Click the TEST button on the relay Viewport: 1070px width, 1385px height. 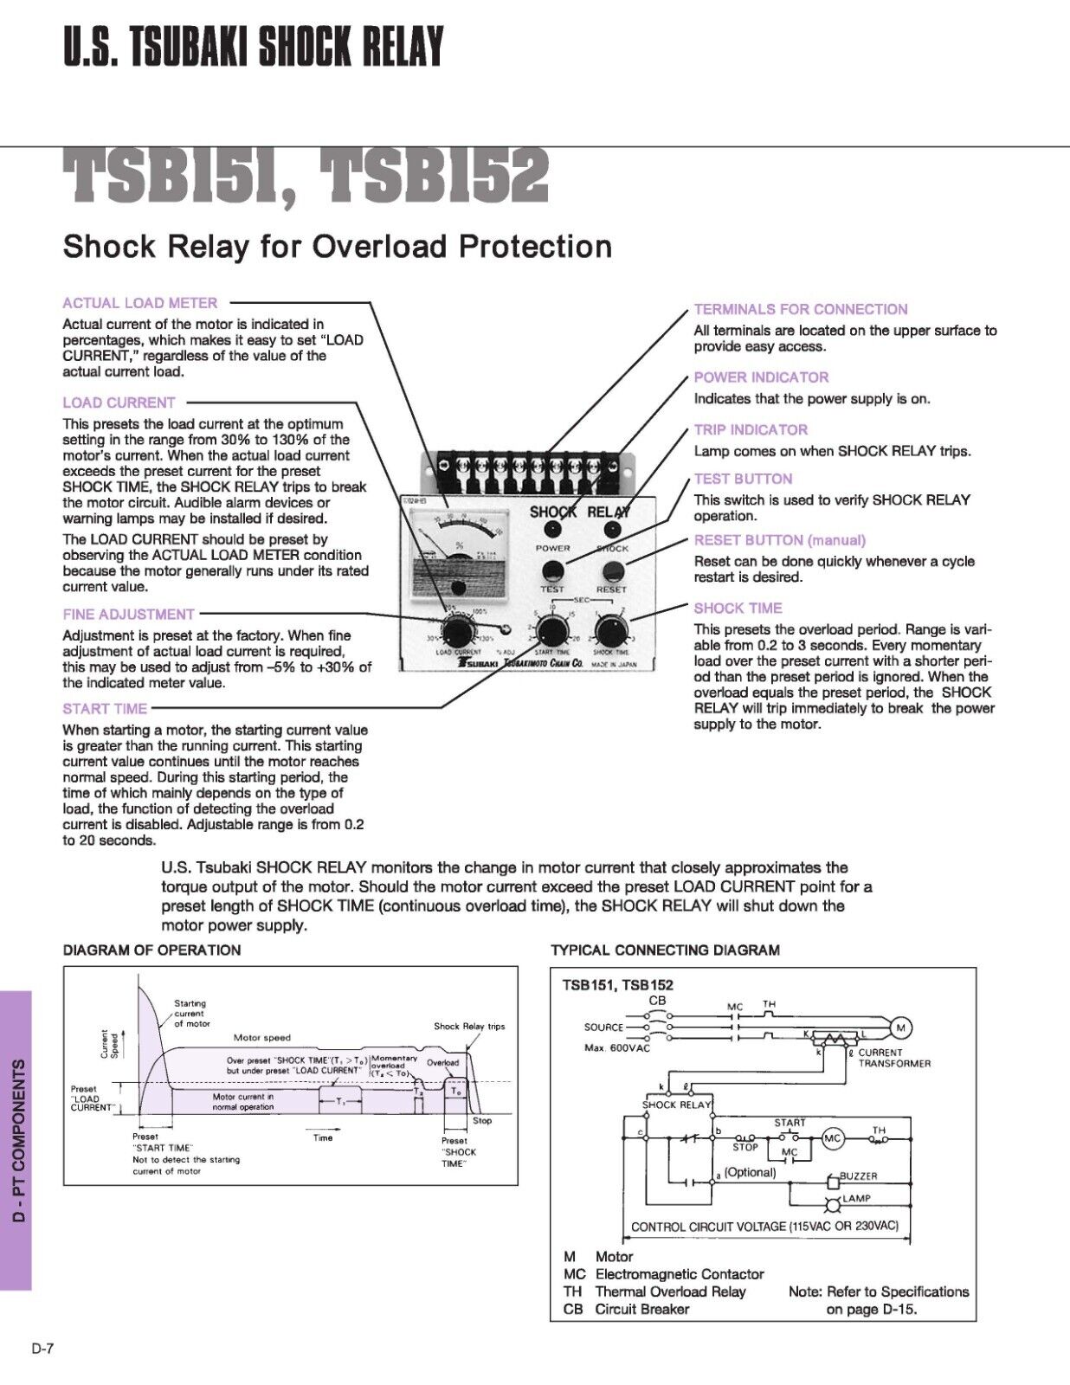click(x=552, y=570)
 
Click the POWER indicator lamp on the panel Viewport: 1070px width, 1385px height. click(x=554, y=530)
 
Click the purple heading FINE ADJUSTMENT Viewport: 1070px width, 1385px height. click(x=128, y=615)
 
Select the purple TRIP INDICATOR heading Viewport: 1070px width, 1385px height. click(x=751, y=430)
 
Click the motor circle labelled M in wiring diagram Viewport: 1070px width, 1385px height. click(x=901, y=1027)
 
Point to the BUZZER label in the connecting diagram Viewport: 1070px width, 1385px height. click(x=858, y=1176)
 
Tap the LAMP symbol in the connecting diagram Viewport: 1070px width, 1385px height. click(x=833, y=1205)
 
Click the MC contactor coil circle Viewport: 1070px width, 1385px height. click(x=832, y=1139)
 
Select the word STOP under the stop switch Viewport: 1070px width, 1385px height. click(x=745, y=1147)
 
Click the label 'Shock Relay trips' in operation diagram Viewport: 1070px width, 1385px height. click(x=469, y=1027)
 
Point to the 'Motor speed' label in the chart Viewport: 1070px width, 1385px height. click(x=262, y=1037)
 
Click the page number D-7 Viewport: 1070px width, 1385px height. click(x=43, y=1348)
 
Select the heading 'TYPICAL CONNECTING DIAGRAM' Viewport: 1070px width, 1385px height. click(x=665, y=950)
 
